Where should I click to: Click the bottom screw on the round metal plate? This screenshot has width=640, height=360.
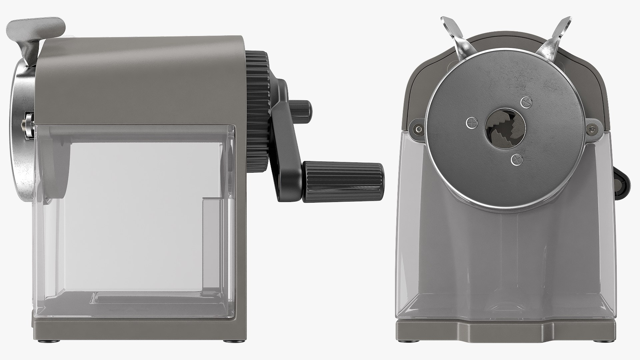click(516, 160)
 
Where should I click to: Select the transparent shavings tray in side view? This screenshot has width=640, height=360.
click(133, 217)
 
